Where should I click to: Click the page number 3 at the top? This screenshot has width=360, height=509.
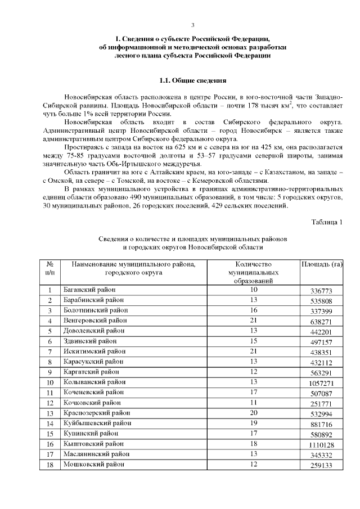click(192, 25)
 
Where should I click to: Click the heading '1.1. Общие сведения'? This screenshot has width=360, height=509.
click(193, 80)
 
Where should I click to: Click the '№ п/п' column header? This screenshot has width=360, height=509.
click(49, 268)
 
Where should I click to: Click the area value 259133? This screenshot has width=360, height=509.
click(322, 466)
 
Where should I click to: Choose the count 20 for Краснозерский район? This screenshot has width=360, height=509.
click(254, 413)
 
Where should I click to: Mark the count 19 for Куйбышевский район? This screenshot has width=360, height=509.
click(254, 423)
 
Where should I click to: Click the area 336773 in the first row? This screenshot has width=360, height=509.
click(322, 291)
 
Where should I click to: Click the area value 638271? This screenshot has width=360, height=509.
click(322, 322)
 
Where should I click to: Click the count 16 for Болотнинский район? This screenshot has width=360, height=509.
click(254, 310)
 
